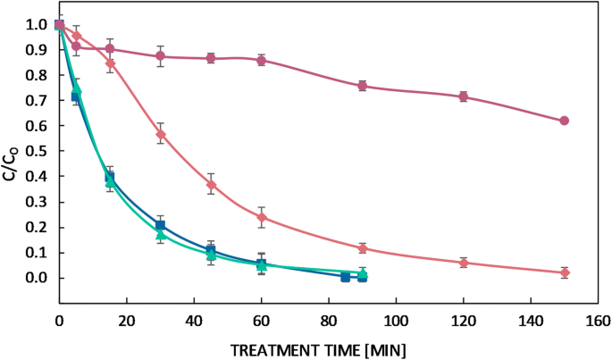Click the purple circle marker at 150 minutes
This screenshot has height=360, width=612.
(564, 121)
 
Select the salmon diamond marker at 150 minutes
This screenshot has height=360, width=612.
(564, 272)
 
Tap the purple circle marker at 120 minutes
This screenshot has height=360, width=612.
(463, 96)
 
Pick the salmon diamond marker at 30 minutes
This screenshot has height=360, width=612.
(161, 134)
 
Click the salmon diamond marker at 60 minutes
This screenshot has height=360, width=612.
(262, 217)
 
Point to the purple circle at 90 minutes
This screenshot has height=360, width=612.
(362, 86)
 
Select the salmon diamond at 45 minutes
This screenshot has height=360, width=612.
(211, 185)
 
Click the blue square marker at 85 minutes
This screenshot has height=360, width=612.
(345, 277)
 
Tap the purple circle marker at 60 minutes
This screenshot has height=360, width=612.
(261, 60)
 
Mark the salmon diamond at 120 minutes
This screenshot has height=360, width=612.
(463, 263)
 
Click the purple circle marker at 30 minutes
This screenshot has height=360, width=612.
(161, 56)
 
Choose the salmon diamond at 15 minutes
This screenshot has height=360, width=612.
(110, 63)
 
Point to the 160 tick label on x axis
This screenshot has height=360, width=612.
(598, 319)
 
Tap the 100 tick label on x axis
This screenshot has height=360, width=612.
(396, 319)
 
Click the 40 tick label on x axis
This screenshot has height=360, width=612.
(194, 319)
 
